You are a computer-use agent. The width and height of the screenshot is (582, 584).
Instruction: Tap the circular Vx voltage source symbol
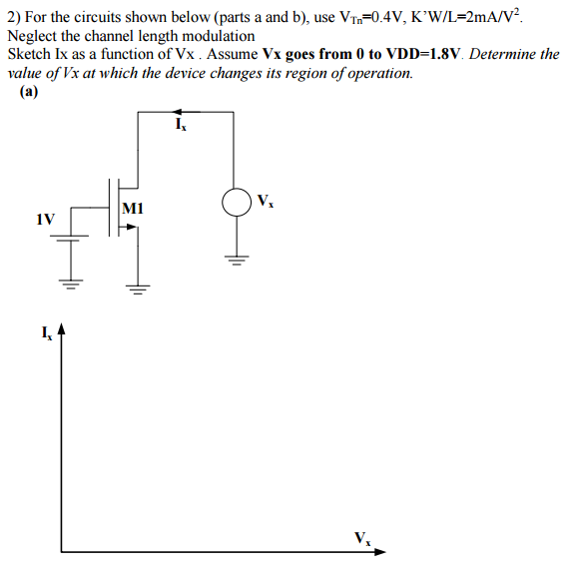237,204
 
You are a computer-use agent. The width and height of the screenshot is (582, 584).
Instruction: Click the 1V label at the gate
45,218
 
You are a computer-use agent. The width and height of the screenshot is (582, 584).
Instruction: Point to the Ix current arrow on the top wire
177,113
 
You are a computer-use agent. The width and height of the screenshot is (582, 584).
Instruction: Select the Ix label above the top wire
180,126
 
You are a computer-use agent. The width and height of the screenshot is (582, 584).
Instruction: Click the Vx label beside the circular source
265,200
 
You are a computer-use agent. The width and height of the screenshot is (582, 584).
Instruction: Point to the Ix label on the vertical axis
46,330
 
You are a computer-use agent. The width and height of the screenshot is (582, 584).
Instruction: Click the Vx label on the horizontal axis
360,538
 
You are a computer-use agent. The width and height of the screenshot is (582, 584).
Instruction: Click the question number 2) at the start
13,18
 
